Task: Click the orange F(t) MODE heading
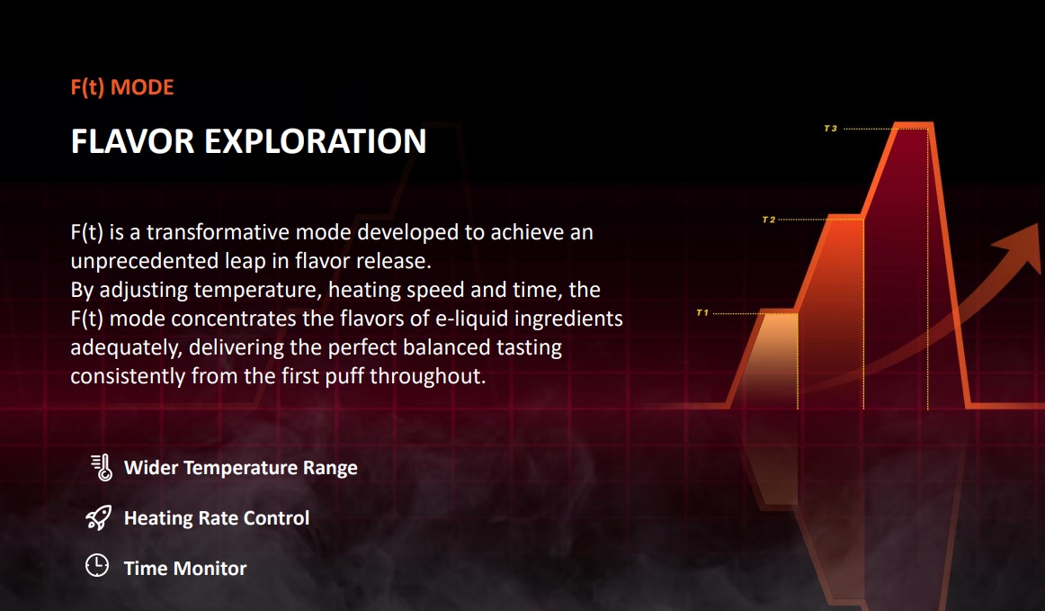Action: click(122, 87)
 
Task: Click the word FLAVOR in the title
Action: click(132, 141)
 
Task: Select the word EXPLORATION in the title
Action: click(316, 141)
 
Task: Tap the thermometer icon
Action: click(102, 468)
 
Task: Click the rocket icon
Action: click(99, 517)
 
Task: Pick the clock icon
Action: click(97, 565)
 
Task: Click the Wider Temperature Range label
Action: click(241, 468)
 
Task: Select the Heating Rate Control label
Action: click(217, 517)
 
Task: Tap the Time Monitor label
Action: click(185, 569)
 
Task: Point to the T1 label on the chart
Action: click(702, 313)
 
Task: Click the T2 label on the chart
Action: click(768, 220)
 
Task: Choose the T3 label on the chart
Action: click(830, 128)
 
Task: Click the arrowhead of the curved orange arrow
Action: click(1021, 247)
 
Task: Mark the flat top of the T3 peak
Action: click(913, 125)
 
